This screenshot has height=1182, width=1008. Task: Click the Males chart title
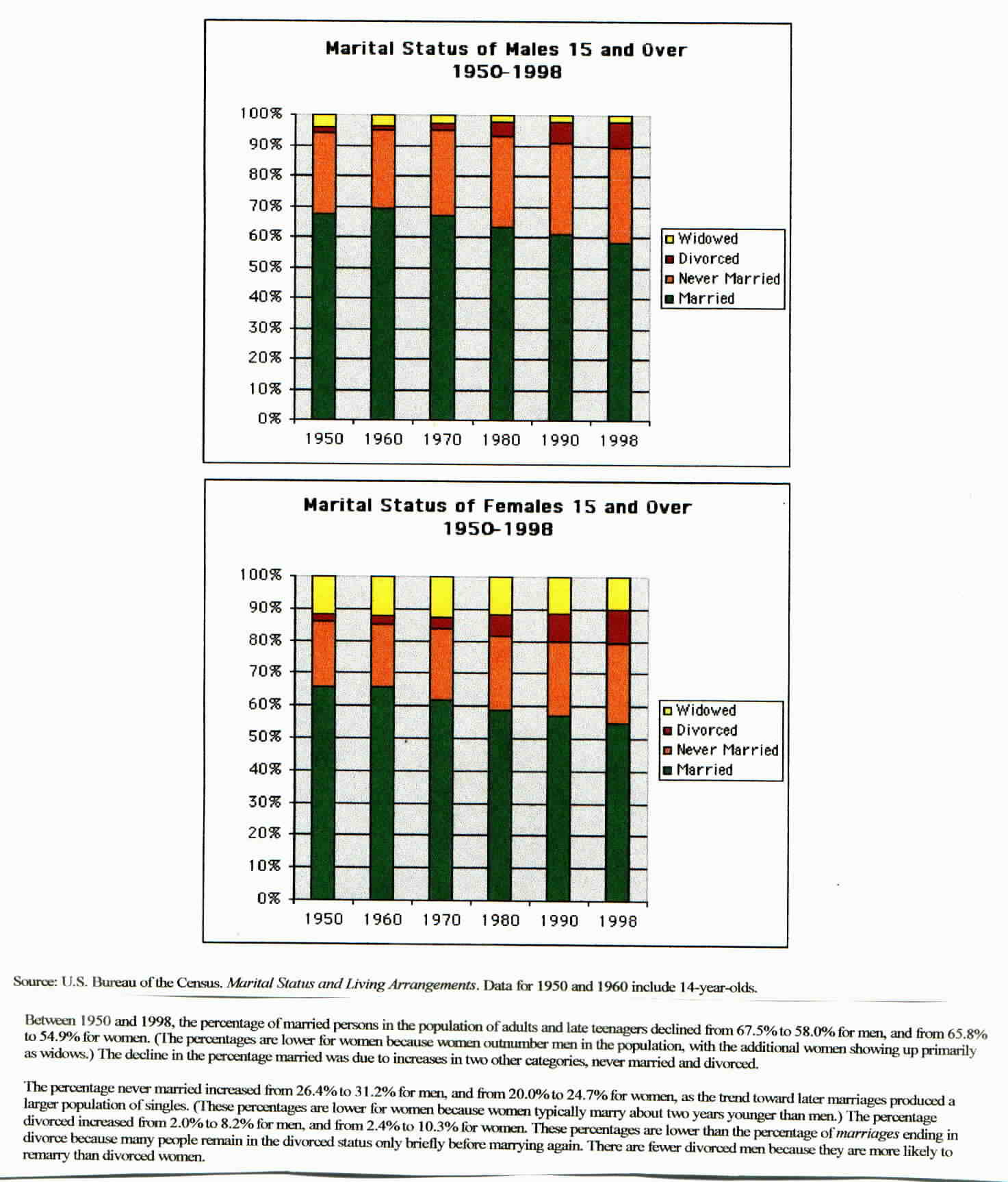[506, 60]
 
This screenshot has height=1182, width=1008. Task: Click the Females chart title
[497, 517]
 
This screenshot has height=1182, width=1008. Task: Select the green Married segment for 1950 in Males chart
[324, 315]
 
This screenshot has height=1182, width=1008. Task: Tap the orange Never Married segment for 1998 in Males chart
[619, 196]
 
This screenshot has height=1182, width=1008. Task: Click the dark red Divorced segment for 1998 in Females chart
[618, 627]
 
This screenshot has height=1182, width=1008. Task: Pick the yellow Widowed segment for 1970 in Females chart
[441, 596]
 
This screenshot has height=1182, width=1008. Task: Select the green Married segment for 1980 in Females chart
[500, 805]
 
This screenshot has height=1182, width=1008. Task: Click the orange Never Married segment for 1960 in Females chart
[383, 655]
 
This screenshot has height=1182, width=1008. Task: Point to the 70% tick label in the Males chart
[265, 205]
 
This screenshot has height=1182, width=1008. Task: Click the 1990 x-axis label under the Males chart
[560, 440]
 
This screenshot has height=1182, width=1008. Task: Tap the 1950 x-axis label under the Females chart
[324, 919]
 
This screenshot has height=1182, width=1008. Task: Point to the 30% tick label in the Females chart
[265, 801]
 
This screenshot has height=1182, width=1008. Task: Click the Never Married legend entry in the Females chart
[727, 750]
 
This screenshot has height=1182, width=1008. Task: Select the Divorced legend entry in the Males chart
[708, 259]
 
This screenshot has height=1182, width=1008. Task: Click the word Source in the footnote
[34, 982]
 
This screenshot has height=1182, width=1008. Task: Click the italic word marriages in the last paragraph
[867, 1133]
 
